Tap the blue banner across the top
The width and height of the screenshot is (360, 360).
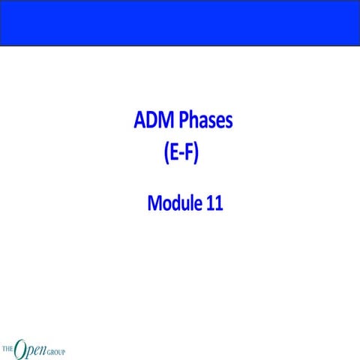180,22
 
